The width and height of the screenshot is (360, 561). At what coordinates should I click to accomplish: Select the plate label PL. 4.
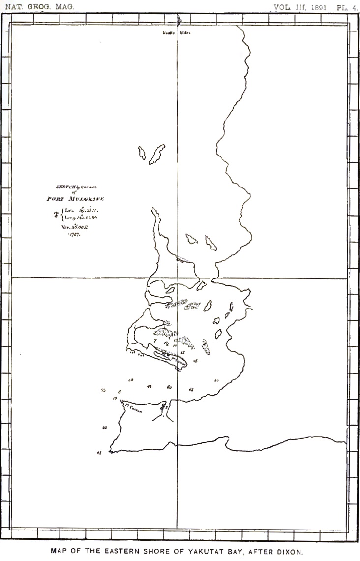pos(347,7)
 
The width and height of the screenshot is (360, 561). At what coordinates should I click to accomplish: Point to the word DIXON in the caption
pos(290,552)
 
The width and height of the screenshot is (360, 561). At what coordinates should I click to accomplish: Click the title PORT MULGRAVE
pos(76,199)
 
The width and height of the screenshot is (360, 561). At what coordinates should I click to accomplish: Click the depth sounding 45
pos(149,386)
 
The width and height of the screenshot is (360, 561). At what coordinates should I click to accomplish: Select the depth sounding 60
pos(169,387)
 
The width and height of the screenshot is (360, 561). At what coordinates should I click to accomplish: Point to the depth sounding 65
pos(191,389)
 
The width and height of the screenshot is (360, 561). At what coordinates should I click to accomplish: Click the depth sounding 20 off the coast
pos(104,428)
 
